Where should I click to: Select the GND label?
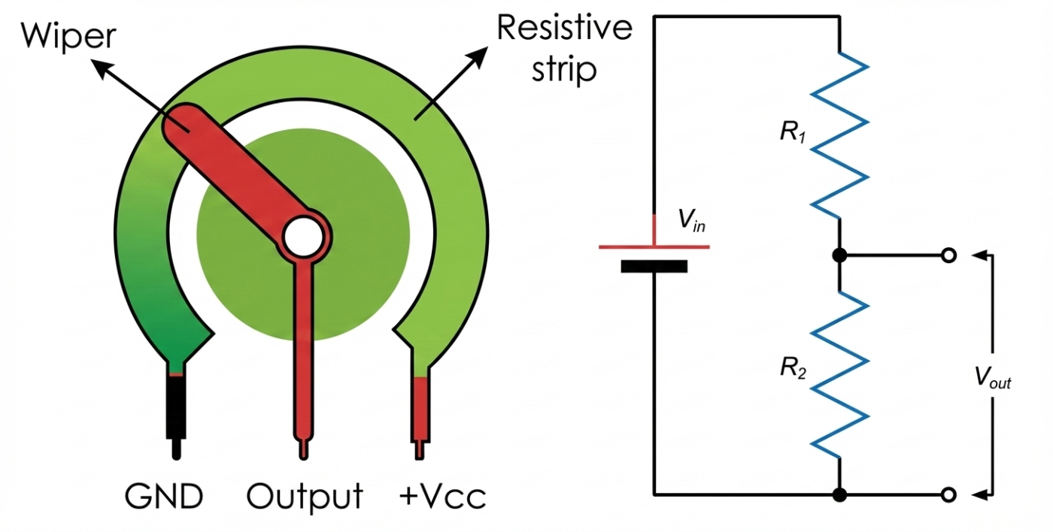coord(164,497)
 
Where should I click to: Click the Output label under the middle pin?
coord(305,497)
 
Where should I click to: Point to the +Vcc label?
coord(444,497)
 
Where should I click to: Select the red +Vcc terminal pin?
coord(420,410)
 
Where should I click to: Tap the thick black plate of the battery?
coord(654,266)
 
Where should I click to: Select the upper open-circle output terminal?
coord(949,255)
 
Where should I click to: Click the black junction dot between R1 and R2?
coord(840,255)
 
